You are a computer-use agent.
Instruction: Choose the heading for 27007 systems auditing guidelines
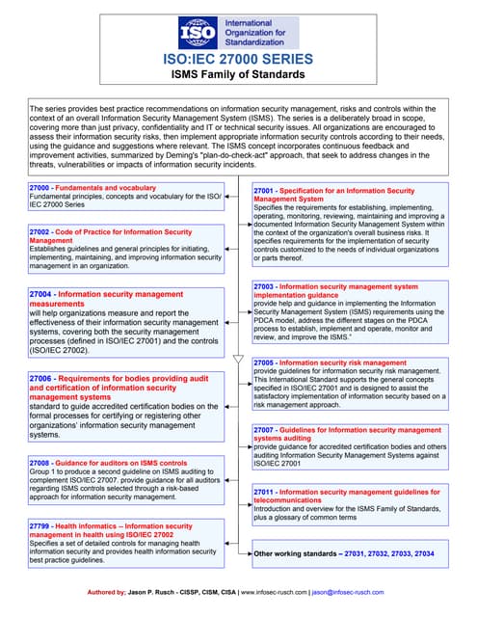(x=347, y=433)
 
